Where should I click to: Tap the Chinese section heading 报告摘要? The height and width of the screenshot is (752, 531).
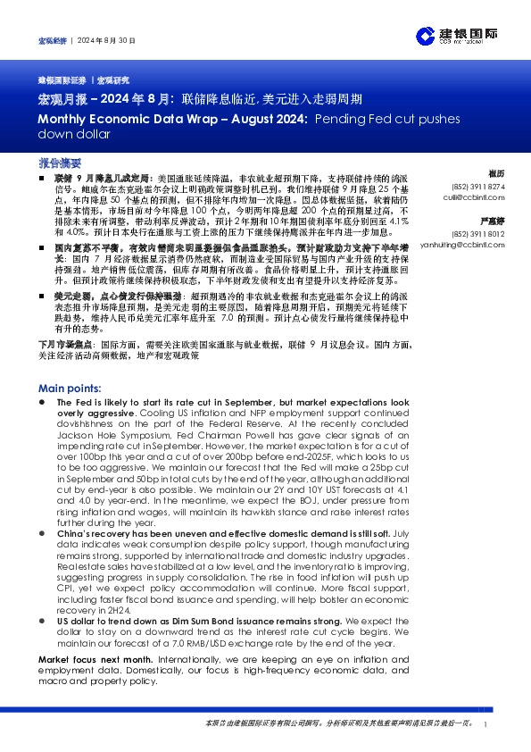pyautogui.click(x=61, y=164)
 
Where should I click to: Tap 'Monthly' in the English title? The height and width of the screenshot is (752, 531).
pyautogui.click(x=62, y=118)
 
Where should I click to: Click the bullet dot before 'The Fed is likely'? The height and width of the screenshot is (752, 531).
pyautogui.click(x=44, y=404)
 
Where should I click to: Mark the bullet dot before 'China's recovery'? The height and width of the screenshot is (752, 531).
pyautogui.click(x=44, y=532)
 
